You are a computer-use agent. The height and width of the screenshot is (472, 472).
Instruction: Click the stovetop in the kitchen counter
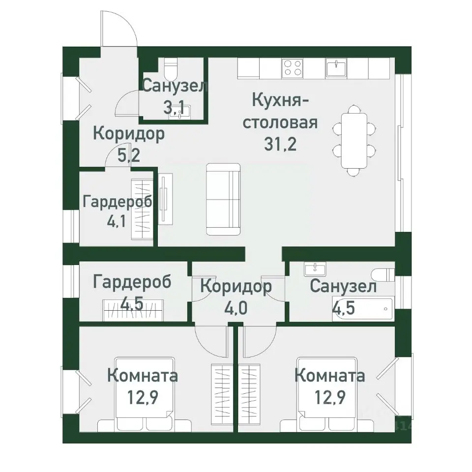coord(293,68)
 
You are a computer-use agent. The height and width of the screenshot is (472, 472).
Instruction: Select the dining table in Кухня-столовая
coord(354,140)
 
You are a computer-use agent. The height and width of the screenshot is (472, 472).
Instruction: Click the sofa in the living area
coord(223,199)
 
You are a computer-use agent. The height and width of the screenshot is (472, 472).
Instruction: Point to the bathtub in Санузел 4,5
coord(363,309)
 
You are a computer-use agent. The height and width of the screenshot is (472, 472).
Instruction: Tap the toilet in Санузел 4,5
coord(383,274)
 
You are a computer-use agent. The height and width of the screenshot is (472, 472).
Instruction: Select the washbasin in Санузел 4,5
coord(312,269)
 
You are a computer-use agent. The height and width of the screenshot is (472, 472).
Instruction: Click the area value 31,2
coord(280,145)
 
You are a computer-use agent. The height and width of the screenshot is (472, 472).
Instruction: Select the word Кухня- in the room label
coord(280,100)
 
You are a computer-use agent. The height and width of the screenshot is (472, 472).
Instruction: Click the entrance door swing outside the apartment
coord(118,29)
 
